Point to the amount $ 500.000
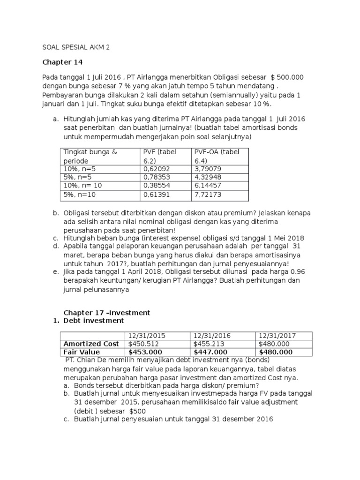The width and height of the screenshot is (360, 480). coord(287,77)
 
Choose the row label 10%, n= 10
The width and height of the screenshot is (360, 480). coord(82,186)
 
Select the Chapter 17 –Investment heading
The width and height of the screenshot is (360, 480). coord(106,312)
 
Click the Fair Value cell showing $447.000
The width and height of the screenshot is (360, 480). coord(211,352)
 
